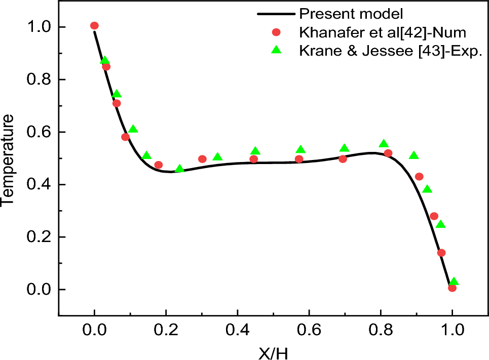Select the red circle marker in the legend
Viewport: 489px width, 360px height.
276,32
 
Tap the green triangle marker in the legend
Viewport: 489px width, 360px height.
276,50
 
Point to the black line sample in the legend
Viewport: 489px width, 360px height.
276,13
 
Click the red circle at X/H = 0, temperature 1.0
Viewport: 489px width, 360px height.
94,26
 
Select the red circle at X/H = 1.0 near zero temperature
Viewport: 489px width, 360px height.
452,288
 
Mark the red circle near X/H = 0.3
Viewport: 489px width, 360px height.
202,159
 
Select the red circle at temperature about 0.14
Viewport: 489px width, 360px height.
441,253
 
